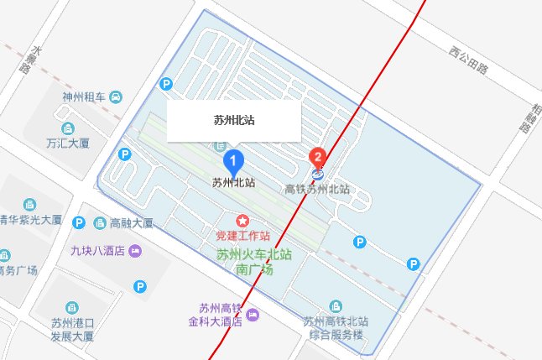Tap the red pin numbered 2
pyautogui.click(x=318, y=157)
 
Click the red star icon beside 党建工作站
pyautogui.click(x=242, y=221)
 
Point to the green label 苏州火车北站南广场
pyautogui.click(x=255, y=262)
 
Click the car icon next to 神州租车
pyautogui.click(x=116, y=97)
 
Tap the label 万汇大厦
pyautogui.click(x=69, y=143)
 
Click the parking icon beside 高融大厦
pyautogui.click(x=79, y=222)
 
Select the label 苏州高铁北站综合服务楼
pyautogui.click(x=336, y=326)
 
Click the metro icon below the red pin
pyautogui.click(x=318, y=175)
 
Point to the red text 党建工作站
pyautogui.click(x=267, y=236)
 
